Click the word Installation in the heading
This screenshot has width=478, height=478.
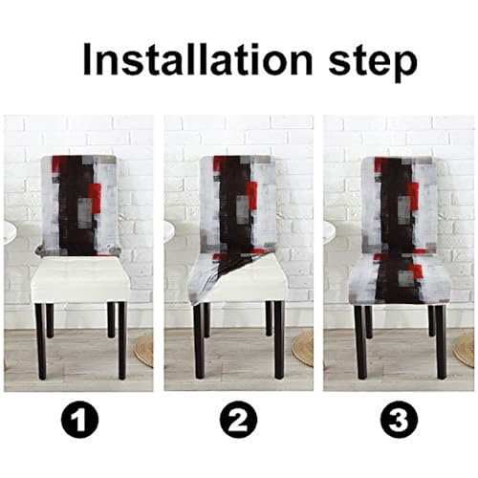[x=198, y=58]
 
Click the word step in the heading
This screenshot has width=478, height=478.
[x=373, y=62]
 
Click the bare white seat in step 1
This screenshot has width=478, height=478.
[x=79, y=280]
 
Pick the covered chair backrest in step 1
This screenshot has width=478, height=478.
[x=78, y=206]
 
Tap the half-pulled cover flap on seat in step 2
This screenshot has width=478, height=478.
[x=223, y=274]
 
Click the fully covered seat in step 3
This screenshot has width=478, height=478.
[x=400, y=279]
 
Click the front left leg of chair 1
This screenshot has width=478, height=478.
[x=41, y=341]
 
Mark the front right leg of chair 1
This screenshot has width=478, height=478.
[x=122, y=341]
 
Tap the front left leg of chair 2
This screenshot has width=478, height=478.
[x=199, y=341]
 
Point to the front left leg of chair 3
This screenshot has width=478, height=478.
[x=361, y=342]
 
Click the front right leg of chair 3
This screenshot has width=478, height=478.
[x=441, y=342]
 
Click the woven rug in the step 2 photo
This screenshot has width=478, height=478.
[x=303, y=349]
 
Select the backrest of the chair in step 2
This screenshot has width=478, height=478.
[x=237, y=204]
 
